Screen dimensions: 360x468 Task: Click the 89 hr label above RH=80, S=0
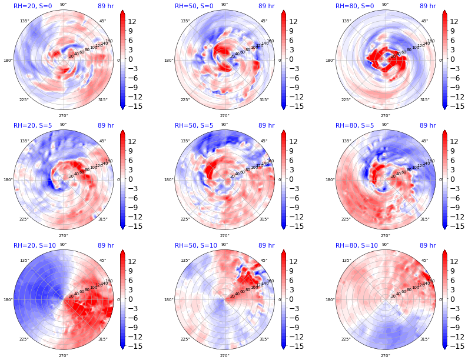click(x=428, y=6)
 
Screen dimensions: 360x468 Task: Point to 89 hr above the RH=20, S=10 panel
click(x=106, y=245)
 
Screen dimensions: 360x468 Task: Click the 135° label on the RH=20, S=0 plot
click(x=24, y=21)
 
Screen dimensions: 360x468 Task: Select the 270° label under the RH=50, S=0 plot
click(x=224, y=115)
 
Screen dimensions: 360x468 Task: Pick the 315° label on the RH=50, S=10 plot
click(x=264, y=339)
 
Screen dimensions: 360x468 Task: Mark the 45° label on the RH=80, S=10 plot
click(x=424, y=261)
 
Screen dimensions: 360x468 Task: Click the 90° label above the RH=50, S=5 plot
click(x=224, y=125)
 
